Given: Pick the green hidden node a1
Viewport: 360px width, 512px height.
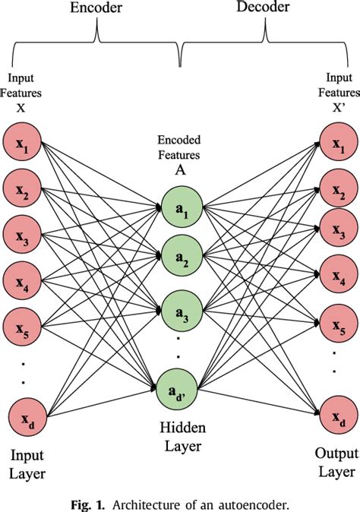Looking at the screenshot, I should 181,202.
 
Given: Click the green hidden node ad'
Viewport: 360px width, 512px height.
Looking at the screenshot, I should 181,392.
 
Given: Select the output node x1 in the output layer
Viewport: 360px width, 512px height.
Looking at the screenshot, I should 336,126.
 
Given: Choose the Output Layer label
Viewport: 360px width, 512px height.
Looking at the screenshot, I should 335,463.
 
